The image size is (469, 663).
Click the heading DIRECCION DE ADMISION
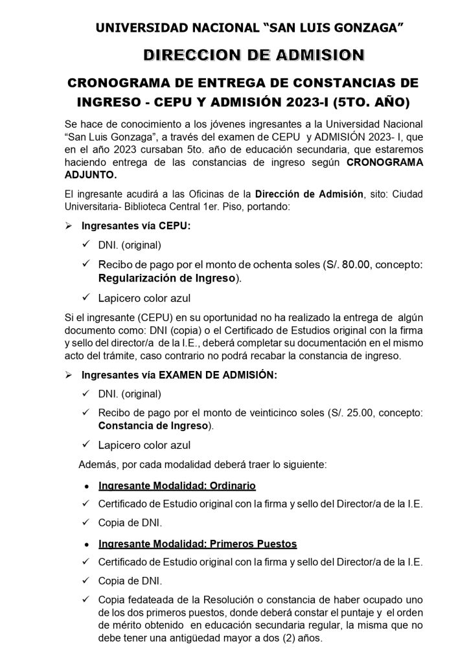(x=254, y=55)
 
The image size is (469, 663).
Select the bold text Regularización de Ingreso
(x=168, y=278)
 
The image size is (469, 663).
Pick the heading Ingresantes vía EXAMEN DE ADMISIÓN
(x=179, y=375)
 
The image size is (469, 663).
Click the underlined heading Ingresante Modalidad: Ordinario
(x=177, y=485)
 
